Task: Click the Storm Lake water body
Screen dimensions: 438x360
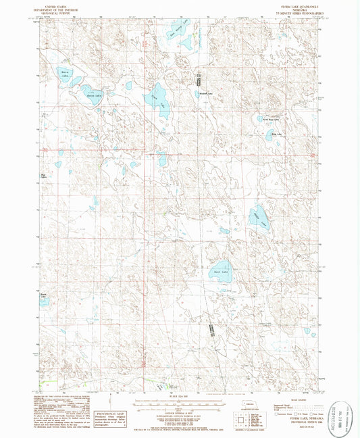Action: click(x=66, y=76)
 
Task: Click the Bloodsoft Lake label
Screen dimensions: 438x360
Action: click(x=205, y=93)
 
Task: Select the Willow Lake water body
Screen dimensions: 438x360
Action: click(x=260, y=216)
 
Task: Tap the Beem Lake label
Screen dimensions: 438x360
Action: click(x=44, y=296)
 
